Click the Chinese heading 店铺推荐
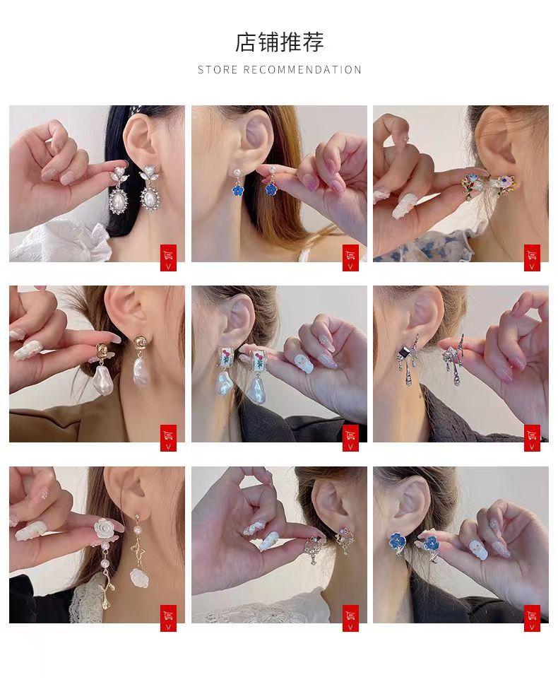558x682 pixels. (x=280, y=42)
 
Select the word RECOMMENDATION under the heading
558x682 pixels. (x=302, y=69)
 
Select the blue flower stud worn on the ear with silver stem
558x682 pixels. (x=398, y=541)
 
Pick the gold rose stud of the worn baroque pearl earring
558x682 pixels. (x=141, y=342)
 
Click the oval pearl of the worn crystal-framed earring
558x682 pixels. (x=150, y=198)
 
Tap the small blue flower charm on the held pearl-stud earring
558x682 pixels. (x=272, y=189)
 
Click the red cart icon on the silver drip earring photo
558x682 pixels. (x=532, y=437)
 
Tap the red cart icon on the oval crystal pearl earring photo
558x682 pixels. (x=168, y=257)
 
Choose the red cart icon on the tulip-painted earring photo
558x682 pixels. (x=350, y=437)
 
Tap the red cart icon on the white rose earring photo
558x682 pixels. (x=168, y=618)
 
